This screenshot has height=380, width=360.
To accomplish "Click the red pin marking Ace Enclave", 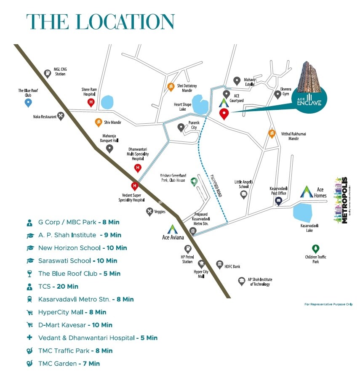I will [x=224, y=114].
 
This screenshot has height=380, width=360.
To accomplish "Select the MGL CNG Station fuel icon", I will [x=48, y=72].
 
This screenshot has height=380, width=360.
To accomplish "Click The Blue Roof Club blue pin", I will [x=29, y=102].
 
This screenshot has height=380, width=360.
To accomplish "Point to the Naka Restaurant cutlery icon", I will [x=61, y=115].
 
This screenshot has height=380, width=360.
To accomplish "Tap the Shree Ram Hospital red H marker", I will [x=91, y=102].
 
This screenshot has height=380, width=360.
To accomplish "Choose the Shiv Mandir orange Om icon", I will [x=98, y=122].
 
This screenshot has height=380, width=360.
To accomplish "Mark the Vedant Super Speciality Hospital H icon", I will [x=135, y=186].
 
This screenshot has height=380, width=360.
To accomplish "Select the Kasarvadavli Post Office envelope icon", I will [x=278, y=201].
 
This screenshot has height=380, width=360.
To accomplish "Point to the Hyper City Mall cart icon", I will [x=201, y=264].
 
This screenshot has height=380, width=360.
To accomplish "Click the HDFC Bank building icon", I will [x=219, y=264].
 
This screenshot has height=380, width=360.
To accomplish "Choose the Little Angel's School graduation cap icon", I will [x=243, y=194].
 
